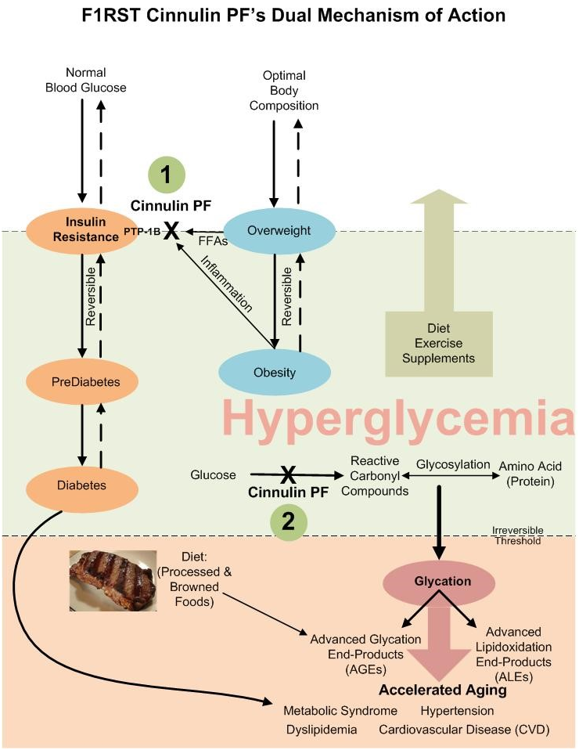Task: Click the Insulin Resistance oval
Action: tap(81, 231)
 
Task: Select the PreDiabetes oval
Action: tap(81, 382)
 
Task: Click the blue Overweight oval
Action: tap(279, 231)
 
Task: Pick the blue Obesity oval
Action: tap(275, 372)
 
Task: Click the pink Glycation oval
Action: tap(439, 582)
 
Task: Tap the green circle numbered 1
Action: tap(167, 175)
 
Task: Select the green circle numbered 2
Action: tap(288, 521)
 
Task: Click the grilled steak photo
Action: tap(113, 580)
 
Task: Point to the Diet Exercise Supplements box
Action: tap(439, 344)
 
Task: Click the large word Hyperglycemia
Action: tap(397, 417)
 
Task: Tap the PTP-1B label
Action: tap(142, 232)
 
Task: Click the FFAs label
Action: tap(213, 242)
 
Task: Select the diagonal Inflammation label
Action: tap(227, 283)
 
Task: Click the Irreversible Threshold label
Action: tap(518, 535)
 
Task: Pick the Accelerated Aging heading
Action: tap(443, 690)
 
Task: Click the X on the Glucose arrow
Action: tap(287, 475)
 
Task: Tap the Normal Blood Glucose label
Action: tap(85, 80)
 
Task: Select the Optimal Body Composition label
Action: tap(284, 90)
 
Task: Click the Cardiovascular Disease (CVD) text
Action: tap(464, 730)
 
